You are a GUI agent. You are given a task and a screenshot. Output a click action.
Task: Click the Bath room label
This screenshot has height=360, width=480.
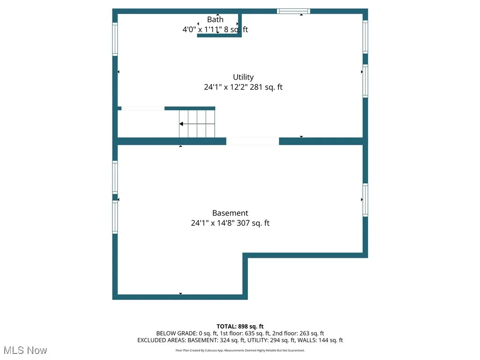pyautogui.click(x=215, y=20)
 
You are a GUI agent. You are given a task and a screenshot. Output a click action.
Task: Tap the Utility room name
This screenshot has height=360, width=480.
pyautogui.click(x=243, y=77)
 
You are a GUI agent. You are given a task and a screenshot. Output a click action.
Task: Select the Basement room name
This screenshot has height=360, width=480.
pyautogui.click(x=230, y=213)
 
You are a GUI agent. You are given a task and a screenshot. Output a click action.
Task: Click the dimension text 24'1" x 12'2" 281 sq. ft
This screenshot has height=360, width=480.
pyautogui.click(x=243, y=87)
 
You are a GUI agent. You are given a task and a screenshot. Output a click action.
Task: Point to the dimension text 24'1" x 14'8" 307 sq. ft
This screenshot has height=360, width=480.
pyautogui.click(x=230, y=223)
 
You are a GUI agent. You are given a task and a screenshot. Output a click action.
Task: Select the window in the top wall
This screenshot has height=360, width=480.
pyautogui.click(x=293, y=11)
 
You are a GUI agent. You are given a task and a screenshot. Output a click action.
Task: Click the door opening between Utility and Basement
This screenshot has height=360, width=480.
pyautogui.click(x=253, y=141)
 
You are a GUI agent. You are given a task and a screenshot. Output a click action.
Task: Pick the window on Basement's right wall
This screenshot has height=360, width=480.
pyautogui.click(x=365, y=200)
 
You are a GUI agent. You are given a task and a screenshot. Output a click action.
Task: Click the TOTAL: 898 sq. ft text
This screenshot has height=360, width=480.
pyautogui.click(x=240, y=326)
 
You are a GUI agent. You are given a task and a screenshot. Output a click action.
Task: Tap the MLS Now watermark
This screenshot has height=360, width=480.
pyautogui.click(x=25, y=350)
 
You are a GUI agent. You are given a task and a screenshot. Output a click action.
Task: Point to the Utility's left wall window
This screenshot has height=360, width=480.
pyautogui.click(x=115, y=39)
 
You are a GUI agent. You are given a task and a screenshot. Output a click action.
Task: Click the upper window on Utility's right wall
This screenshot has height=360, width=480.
pyautogui.click(x=365, y=37)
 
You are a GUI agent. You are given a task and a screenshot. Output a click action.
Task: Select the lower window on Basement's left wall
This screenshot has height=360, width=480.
pyautogui.click(x=115, y=217)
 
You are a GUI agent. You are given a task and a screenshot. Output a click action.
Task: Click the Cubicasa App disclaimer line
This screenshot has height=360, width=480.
pyautogui.click(x=240, y=350)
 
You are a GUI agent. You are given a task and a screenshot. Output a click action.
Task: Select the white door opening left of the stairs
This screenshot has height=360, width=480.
pyautogui.click(x=142, y=108)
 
